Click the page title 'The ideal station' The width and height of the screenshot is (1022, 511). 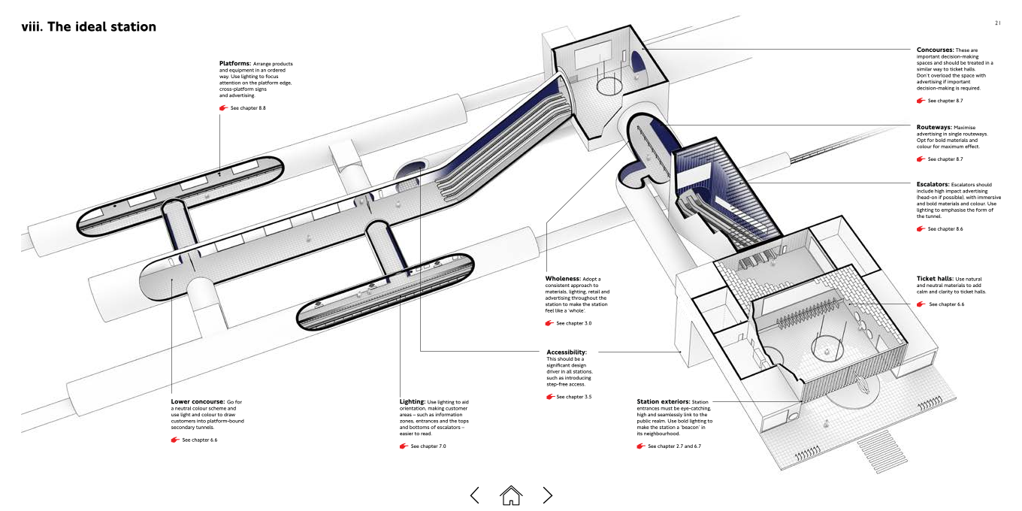[x=101, y=27]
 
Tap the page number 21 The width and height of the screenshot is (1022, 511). [x=998, y=23]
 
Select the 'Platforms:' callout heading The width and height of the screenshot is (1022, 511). [x=235, y=63]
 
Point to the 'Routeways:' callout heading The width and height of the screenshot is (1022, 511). [x=934, y=127]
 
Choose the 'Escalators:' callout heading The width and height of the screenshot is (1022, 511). [x=933, y=184]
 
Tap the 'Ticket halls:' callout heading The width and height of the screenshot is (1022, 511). [x=934, y=278]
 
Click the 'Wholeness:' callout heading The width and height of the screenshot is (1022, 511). [x=563, y=278]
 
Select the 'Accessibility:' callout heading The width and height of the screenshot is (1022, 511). [x=567, y=352]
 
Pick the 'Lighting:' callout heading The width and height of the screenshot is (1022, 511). [x=413, y=401]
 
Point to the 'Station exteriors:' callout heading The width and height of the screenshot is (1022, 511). [x=664, y=401]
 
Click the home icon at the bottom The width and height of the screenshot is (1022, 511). [x=510, y=495]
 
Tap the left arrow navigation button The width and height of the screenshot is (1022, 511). [x=474, y=495]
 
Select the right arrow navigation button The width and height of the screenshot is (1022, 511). [x=548, y=495]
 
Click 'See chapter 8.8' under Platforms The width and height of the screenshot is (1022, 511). [x=248, y=108]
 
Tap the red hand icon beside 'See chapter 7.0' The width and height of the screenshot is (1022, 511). [x=404, y=446]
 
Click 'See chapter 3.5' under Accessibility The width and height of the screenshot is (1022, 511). [x=574, y=397]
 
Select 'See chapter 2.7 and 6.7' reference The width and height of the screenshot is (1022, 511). [x=674, y=446]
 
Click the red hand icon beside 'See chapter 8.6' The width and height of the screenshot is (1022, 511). [x=921, y=229]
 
